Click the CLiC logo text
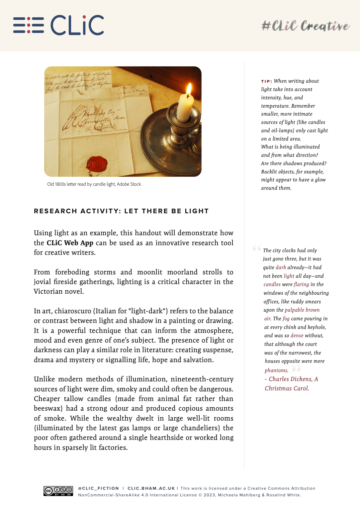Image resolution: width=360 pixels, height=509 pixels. [77, 25]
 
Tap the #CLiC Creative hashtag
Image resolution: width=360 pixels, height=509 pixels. [305, 26]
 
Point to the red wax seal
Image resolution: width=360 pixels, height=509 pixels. [97, 164]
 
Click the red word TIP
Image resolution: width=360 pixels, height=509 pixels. [266, 81]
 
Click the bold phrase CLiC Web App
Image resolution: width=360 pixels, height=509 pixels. [70, 243]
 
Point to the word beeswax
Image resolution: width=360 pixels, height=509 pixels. [49, 408]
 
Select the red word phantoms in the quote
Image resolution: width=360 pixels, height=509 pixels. [276, 370]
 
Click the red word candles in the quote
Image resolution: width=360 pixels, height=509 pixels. [272, 284]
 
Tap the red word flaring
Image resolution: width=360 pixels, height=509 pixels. [301, 284]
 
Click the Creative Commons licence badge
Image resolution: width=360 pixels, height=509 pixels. [58, 491]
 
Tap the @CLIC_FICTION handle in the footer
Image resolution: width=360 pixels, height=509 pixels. [98, 488]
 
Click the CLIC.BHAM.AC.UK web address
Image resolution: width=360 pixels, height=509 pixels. [151, 488]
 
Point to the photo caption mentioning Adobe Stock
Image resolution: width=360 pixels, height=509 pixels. [94, 184]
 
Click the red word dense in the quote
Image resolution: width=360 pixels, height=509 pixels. [297, 336]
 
